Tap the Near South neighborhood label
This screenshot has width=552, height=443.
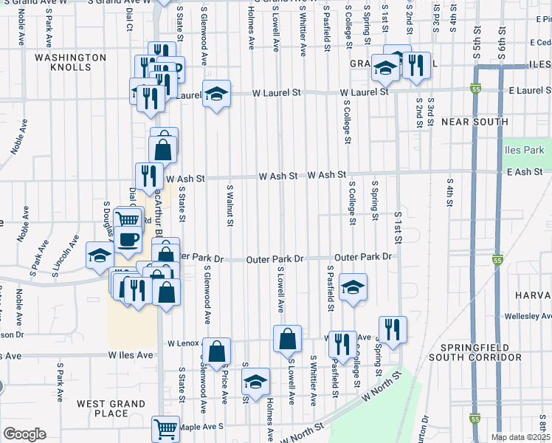tap(475, 122)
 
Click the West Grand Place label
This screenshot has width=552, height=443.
tap(111, 408)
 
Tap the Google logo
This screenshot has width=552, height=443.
tap(24, 434)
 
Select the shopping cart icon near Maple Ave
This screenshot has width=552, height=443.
tap(165, 428)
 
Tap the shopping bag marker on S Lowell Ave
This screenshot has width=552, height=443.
tap(287, 340)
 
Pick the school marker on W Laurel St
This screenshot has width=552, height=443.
tap(216, 95)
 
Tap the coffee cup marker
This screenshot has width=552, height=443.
tap(129, 242)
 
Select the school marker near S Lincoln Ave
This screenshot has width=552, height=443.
tap(100, 255)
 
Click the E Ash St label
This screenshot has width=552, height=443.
tap(525, 172)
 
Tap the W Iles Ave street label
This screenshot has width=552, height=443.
tap(131, 355)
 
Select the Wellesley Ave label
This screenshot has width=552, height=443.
tap(528, 316)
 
